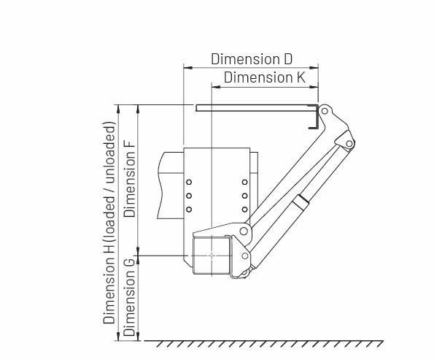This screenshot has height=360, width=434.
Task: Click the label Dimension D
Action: point(252,59)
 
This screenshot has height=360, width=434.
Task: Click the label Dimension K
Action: point(265,77)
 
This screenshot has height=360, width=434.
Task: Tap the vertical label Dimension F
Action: point(130,177)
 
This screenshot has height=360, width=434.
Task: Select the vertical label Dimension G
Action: point(130,297)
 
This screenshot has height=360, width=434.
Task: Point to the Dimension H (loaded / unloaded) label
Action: point(109,223)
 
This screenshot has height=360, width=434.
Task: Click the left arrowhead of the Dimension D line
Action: point(188,67)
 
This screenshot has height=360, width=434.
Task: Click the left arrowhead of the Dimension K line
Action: point(216,87)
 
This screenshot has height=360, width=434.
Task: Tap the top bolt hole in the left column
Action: point(189,182)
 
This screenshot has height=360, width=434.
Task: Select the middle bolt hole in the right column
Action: point(244,196)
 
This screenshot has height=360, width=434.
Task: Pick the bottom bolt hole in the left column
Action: point(189,210)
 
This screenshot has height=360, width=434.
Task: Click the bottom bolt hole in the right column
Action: point(244,210)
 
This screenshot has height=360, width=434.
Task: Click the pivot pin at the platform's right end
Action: point(325,111)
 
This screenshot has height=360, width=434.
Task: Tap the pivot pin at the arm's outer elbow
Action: point(349,144)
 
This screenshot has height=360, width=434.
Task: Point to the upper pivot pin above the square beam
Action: point(244,231)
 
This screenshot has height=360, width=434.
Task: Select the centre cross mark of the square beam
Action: point(212,256)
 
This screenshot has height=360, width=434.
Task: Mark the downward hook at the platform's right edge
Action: point(314,118)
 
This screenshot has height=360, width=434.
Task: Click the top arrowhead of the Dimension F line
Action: point(138,109)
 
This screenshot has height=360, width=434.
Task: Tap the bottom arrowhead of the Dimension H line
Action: point(118,337)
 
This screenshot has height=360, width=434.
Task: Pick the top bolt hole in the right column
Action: point(244,182)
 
